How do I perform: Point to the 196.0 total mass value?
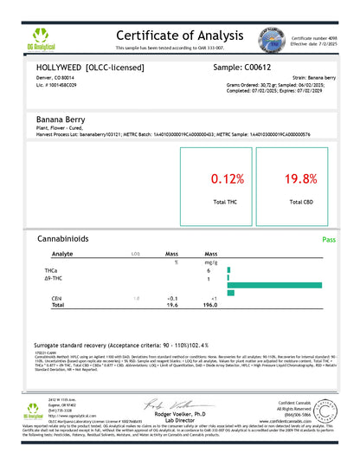209,305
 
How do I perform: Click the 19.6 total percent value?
170,305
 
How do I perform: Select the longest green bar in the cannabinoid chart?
286,284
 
